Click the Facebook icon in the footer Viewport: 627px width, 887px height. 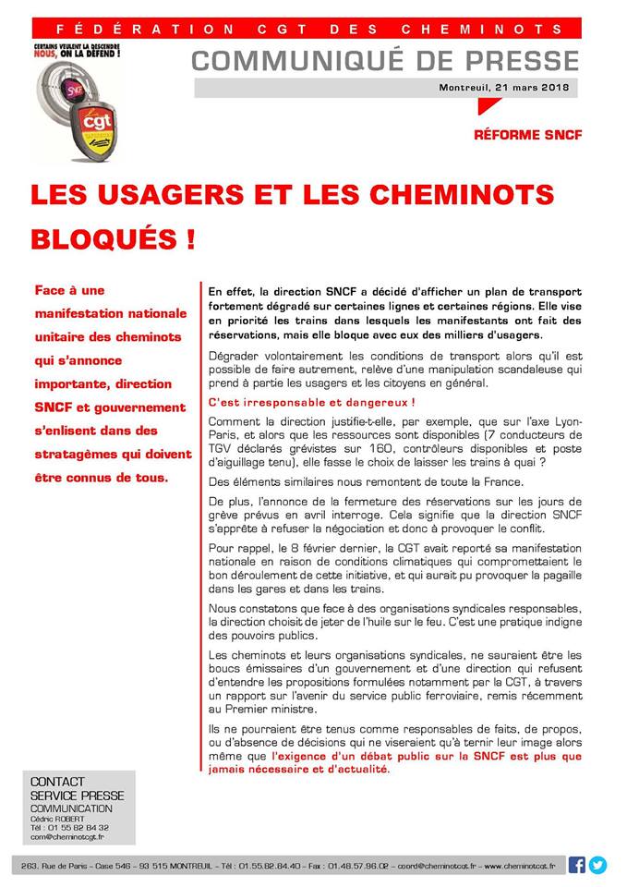coord(576,865)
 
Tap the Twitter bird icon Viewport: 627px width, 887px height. coord(598,865)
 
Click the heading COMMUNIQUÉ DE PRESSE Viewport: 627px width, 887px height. coord(385,61)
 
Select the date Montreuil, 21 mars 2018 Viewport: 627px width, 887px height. coord(507,88)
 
